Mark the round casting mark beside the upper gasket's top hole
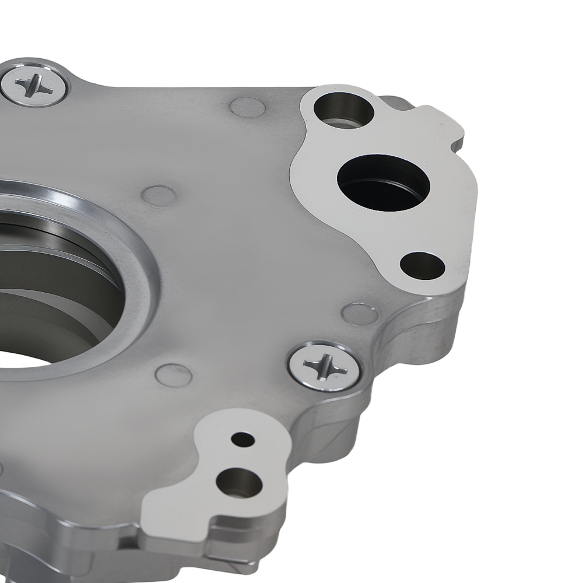[248, 107]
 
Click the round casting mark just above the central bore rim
[159, 196]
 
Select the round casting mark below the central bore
[173, 375]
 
